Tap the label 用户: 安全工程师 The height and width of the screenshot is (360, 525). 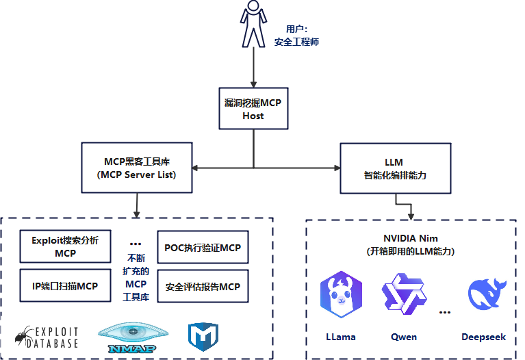296,36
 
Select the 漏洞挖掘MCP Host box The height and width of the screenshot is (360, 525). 253,109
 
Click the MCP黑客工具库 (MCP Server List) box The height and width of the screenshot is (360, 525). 136,168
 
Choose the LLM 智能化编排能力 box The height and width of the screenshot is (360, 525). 395,168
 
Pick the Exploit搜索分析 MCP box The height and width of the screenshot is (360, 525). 65,246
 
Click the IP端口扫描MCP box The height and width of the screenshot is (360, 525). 65,286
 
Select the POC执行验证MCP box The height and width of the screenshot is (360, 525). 203,247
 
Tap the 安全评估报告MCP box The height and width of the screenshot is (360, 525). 203,287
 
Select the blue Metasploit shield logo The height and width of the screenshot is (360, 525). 203,336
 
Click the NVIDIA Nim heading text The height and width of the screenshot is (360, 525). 410,237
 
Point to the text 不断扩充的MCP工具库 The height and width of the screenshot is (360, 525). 135,277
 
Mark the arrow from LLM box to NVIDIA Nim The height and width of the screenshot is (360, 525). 405,205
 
